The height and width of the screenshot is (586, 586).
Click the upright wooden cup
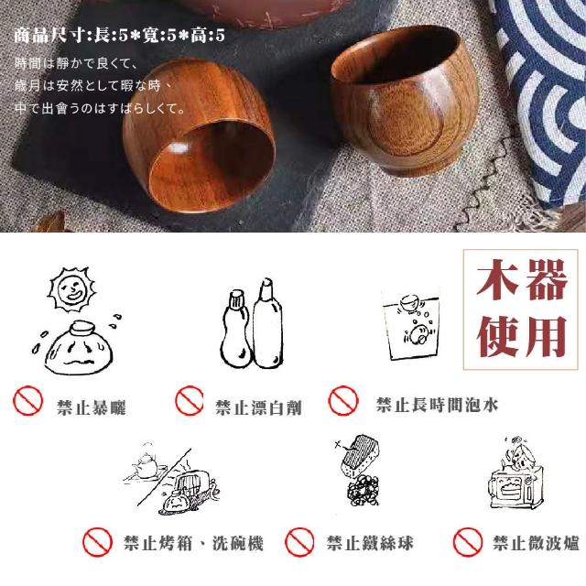point(404,101)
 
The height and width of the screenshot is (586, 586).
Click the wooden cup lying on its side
point(199,136)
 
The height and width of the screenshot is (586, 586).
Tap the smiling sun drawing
point(71,289)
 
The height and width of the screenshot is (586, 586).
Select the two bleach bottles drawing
point(252,323)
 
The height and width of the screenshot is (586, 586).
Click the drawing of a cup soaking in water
point(411,324)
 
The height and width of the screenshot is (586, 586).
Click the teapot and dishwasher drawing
point(173,479)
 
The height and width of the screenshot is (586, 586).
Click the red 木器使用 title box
point(521,309)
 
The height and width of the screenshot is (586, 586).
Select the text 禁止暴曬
point(92,407)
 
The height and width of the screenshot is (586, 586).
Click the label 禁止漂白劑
point(258,407)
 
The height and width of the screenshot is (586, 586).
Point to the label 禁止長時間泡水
point(438,405)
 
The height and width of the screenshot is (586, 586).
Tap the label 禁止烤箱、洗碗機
point(193,543)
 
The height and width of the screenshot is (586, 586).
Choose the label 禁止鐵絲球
point(370,543)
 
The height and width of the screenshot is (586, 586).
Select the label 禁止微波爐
point(536,543)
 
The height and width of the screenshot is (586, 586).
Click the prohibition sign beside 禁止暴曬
point(28,401)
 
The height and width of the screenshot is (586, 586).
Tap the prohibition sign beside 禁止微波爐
point(468,542)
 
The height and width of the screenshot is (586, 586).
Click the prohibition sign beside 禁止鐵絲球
point(299,542)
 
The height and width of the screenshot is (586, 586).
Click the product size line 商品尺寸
point(120,36)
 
